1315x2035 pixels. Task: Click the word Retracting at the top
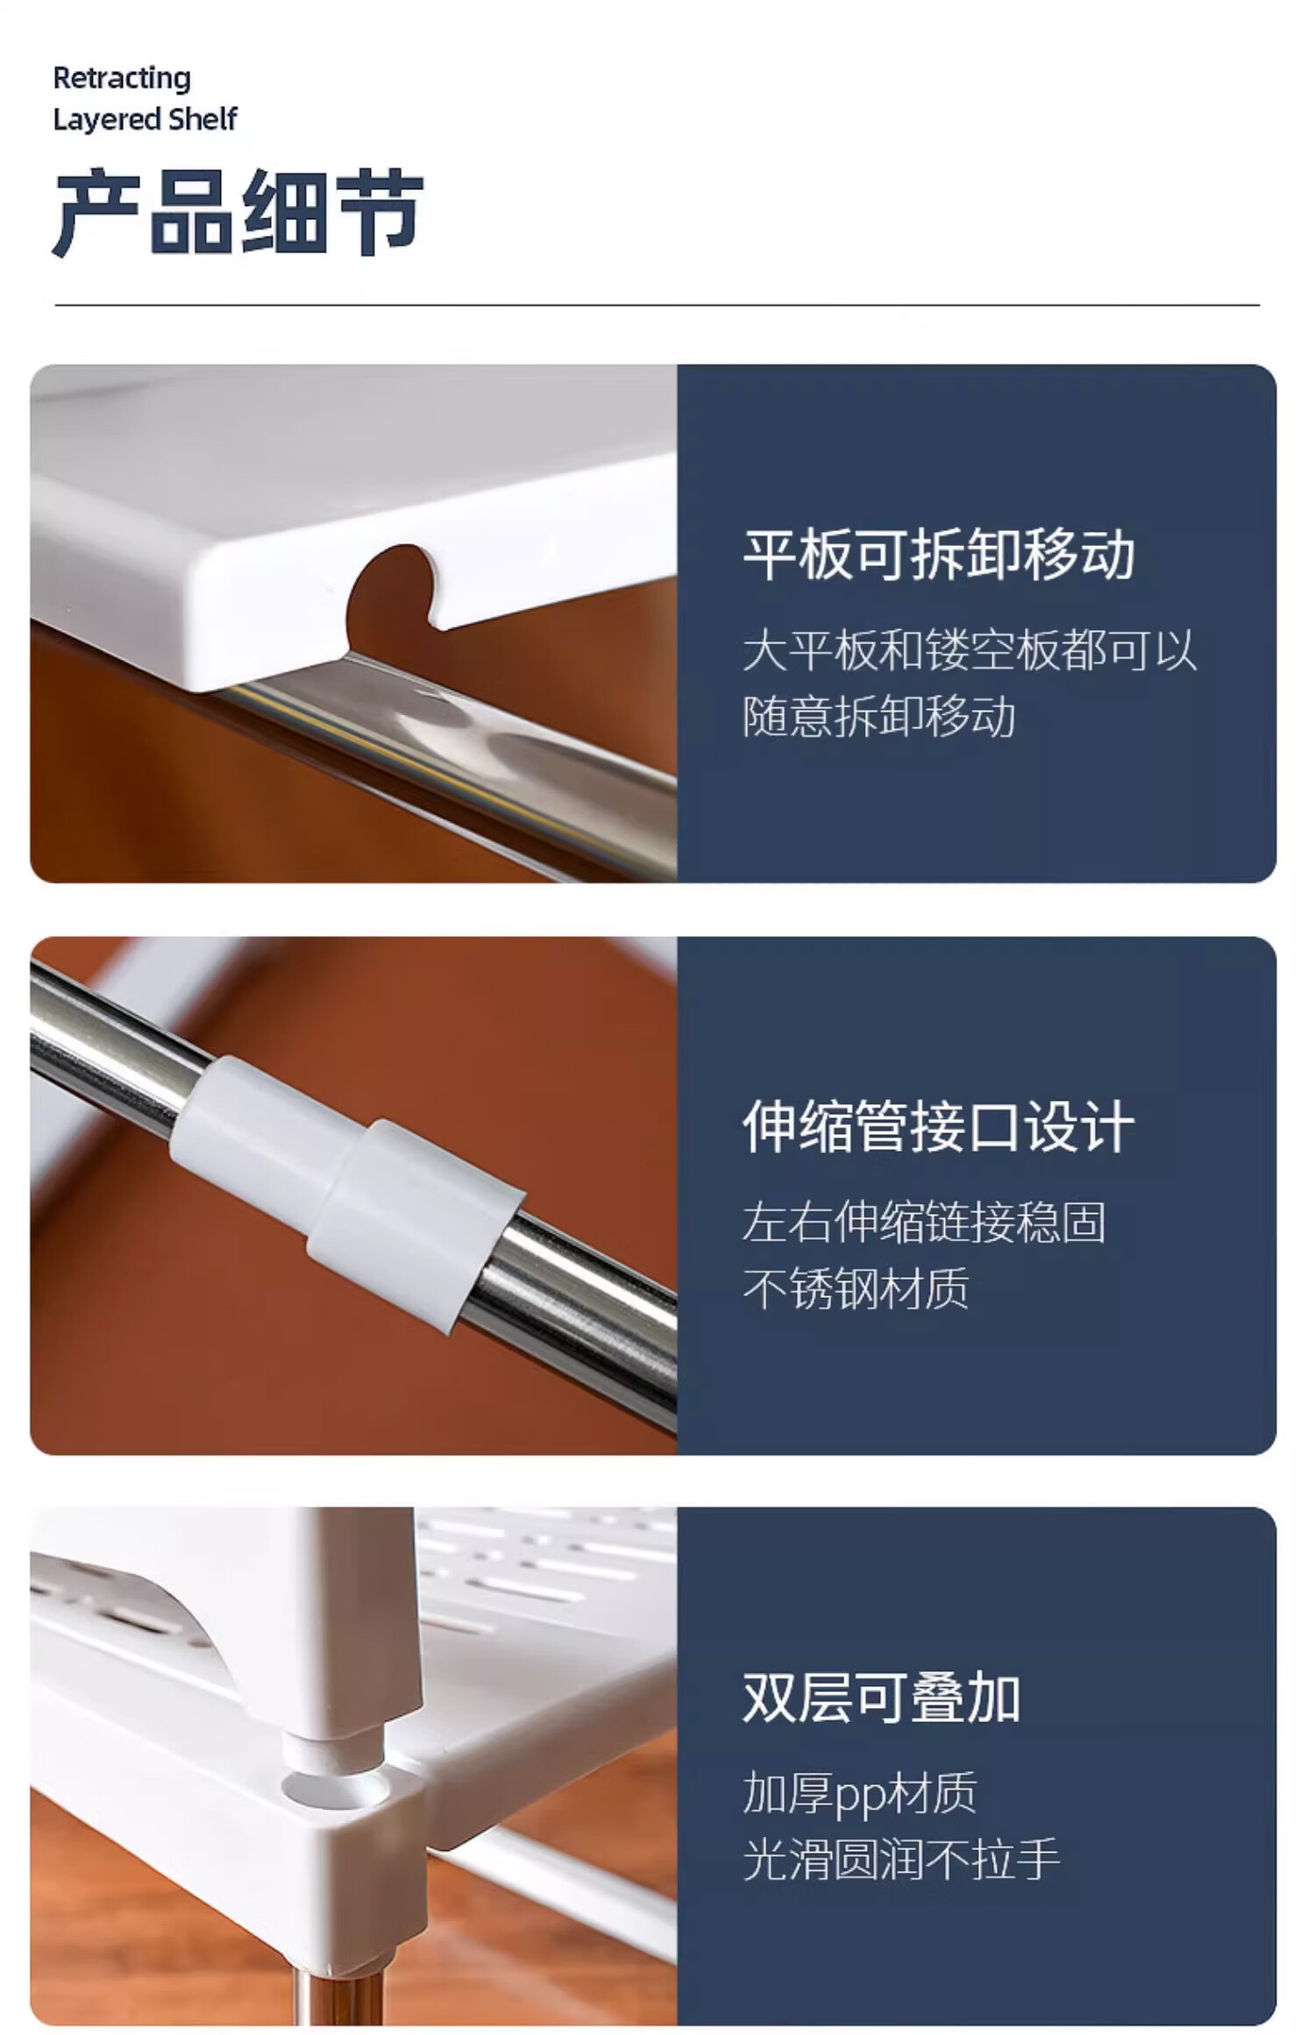point(122,79)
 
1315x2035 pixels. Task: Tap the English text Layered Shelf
point(145,119)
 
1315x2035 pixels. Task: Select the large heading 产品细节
point(238,213)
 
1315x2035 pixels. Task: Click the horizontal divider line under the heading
point(657,305)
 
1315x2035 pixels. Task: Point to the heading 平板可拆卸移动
point(939,555)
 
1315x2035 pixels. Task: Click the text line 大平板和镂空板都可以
point(970,651)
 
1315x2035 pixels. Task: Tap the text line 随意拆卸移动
point(879,717)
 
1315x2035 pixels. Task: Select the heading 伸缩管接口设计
point(939,1127)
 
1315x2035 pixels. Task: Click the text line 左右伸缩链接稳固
point(924,1223)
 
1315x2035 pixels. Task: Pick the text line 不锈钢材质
point(856,1288)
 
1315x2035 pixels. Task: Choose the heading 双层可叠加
point(882,1698)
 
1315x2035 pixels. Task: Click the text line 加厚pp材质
point(860,1793)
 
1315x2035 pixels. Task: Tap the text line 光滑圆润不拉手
point(901,1860)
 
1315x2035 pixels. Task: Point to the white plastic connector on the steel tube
point(349,1192)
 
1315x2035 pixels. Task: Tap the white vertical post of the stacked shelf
point(351,1630)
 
